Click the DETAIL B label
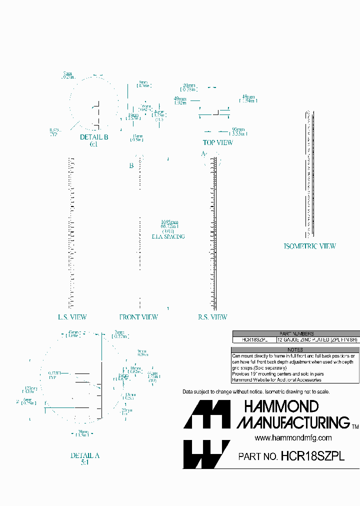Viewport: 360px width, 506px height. [x=94, y=137]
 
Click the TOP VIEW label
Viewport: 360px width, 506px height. [x=217, y=142]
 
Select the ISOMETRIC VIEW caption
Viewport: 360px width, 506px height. [x=309, y=246]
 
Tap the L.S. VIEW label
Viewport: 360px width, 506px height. [x=72, y=317]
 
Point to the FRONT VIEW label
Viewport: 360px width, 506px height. [x=138, y=317]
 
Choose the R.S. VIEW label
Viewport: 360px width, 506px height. [x=212, y=317]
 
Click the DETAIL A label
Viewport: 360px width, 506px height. [x=85, y=455]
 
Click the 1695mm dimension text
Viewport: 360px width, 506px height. [x=169, y=222]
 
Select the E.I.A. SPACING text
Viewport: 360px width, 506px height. [x=168, y=236]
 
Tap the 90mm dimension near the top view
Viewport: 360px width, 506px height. [x=238, y=129]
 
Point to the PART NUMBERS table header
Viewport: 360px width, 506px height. [x=296, y=333]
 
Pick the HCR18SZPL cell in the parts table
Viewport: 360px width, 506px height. [x=254, y=339]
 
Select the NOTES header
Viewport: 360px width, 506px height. [x=296, y=349]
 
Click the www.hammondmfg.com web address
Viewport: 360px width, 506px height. [x=293, y=437]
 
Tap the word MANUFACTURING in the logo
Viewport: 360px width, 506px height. [x=293, y=422]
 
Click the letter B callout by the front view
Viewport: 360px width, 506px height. [x=131, y=166]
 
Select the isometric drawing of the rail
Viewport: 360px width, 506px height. [x=310, y=175]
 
